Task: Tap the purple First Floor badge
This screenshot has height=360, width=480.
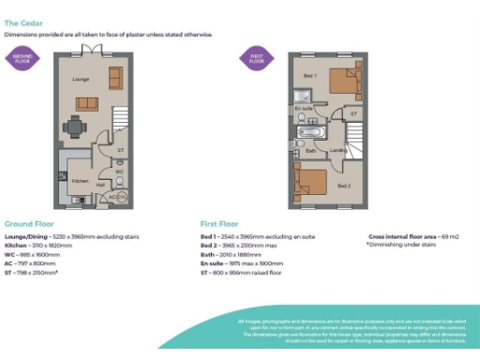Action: point(255,58)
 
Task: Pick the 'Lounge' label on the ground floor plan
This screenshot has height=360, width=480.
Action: point(80,80)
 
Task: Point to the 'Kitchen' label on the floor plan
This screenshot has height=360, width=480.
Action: point(81,180)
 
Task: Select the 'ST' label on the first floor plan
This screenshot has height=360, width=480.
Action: point(353,114)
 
